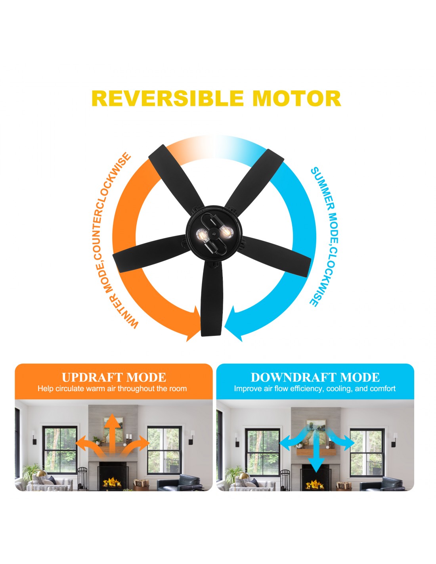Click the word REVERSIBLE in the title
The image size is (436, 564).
168,98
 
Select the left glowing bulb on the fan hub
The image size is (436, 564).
202,235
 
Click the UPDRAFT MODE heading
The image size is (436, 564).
114,377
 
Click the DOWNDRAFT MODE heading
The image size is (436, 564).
315,377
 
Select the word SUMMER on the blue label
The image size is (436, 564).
321,190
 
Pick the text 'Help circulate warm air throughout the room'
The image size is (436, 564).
112,389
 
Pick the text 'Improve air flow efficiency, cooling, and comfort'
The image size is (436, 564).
315,389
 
